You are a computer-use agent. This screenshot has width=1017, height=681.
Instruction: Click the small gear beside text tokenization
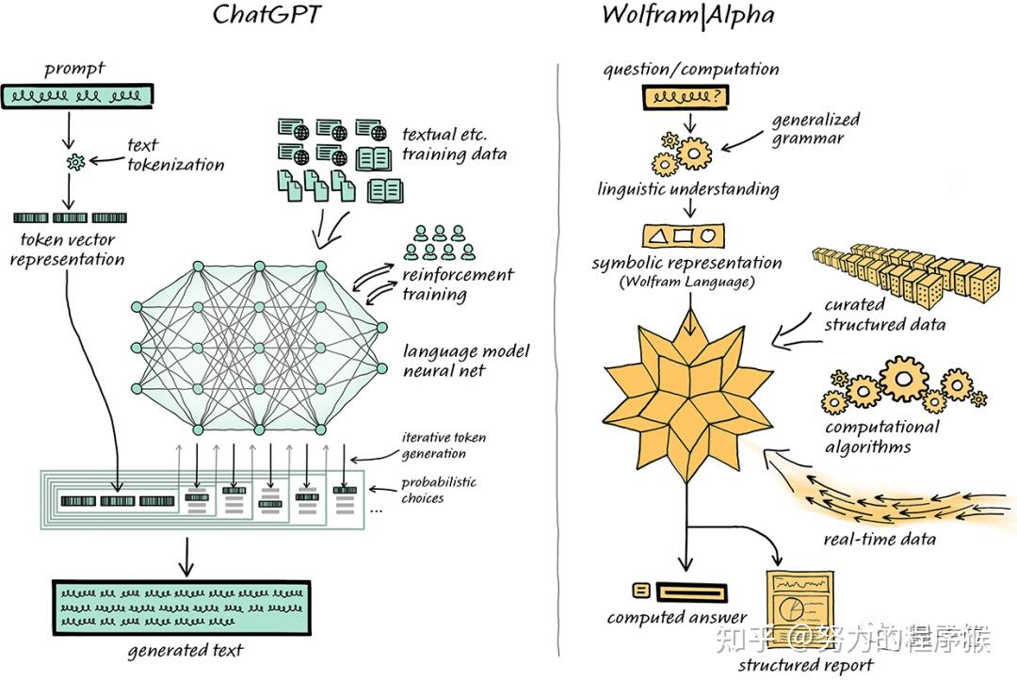(x=75, y=163)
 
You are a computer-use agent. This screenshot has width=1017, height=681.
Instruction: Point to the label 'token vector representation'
(x=68, y=250)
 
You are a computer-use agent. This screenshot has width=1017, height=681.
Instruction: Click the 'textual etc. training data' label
(x=454, y=144)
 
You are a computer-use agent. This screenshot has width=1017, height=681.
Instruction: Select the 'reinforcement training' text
(x=458, y=284)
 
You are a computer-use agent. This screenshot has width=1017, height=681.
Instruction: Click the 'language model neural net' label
(x=466, y=361)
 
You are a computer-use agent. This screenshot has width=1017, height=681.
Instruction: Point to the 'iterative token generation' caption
(x=444, y=446)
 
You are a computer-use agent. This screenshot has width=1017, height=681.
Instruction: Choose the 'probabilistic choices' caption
(x=438, y=490)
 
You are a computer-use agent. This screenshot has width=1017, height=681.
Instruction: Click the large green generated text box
(x=181, y=608)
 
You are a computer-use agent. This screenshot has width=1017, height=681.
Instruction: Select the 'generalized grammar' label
(x=815, y=129)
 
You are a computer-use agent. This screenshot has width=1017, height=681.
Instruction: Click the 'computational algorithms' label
(x=881, y=436)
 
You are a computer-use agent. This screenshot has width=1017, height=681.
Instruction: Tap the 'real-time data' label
(x=880, y=539)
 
